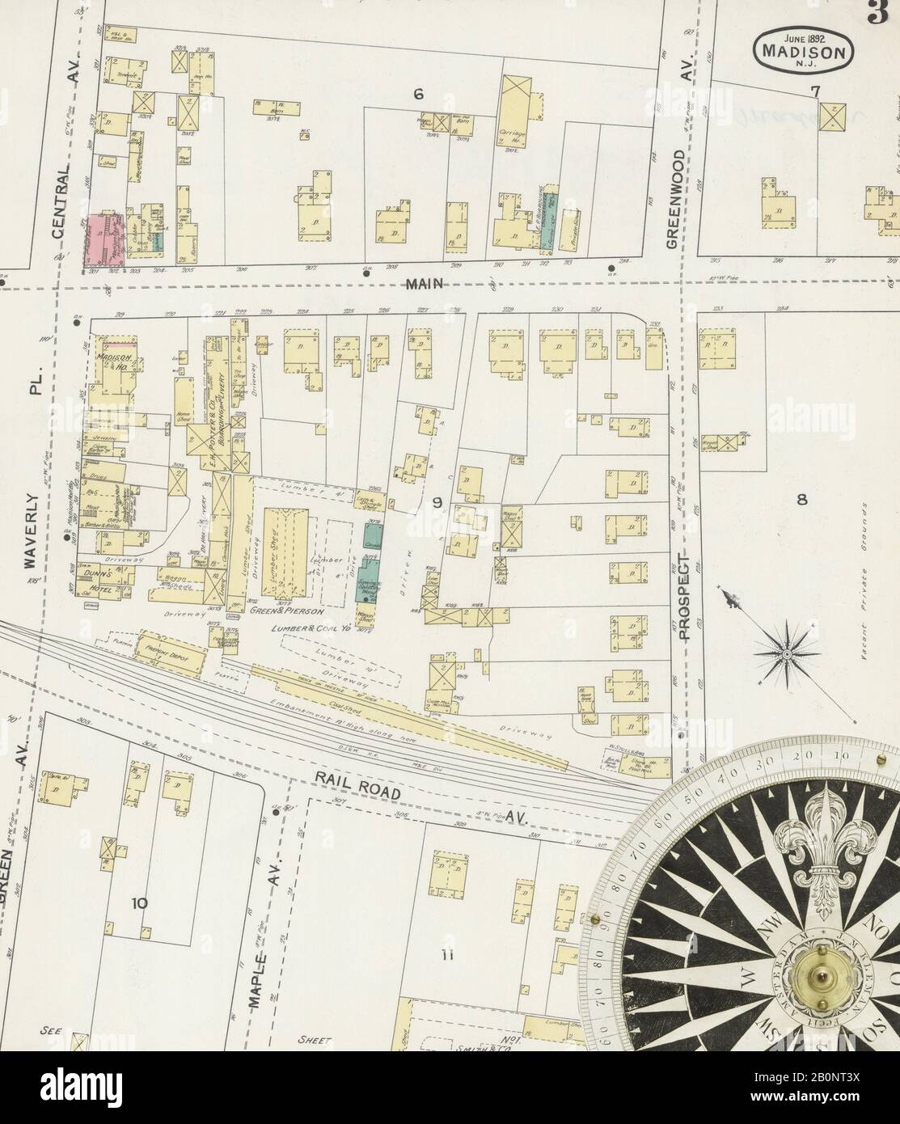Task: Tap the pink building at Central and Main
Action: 101,237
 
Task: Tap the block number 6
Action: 418,95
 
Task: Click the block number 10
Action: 139,903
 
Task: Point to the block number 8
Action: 801,499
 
